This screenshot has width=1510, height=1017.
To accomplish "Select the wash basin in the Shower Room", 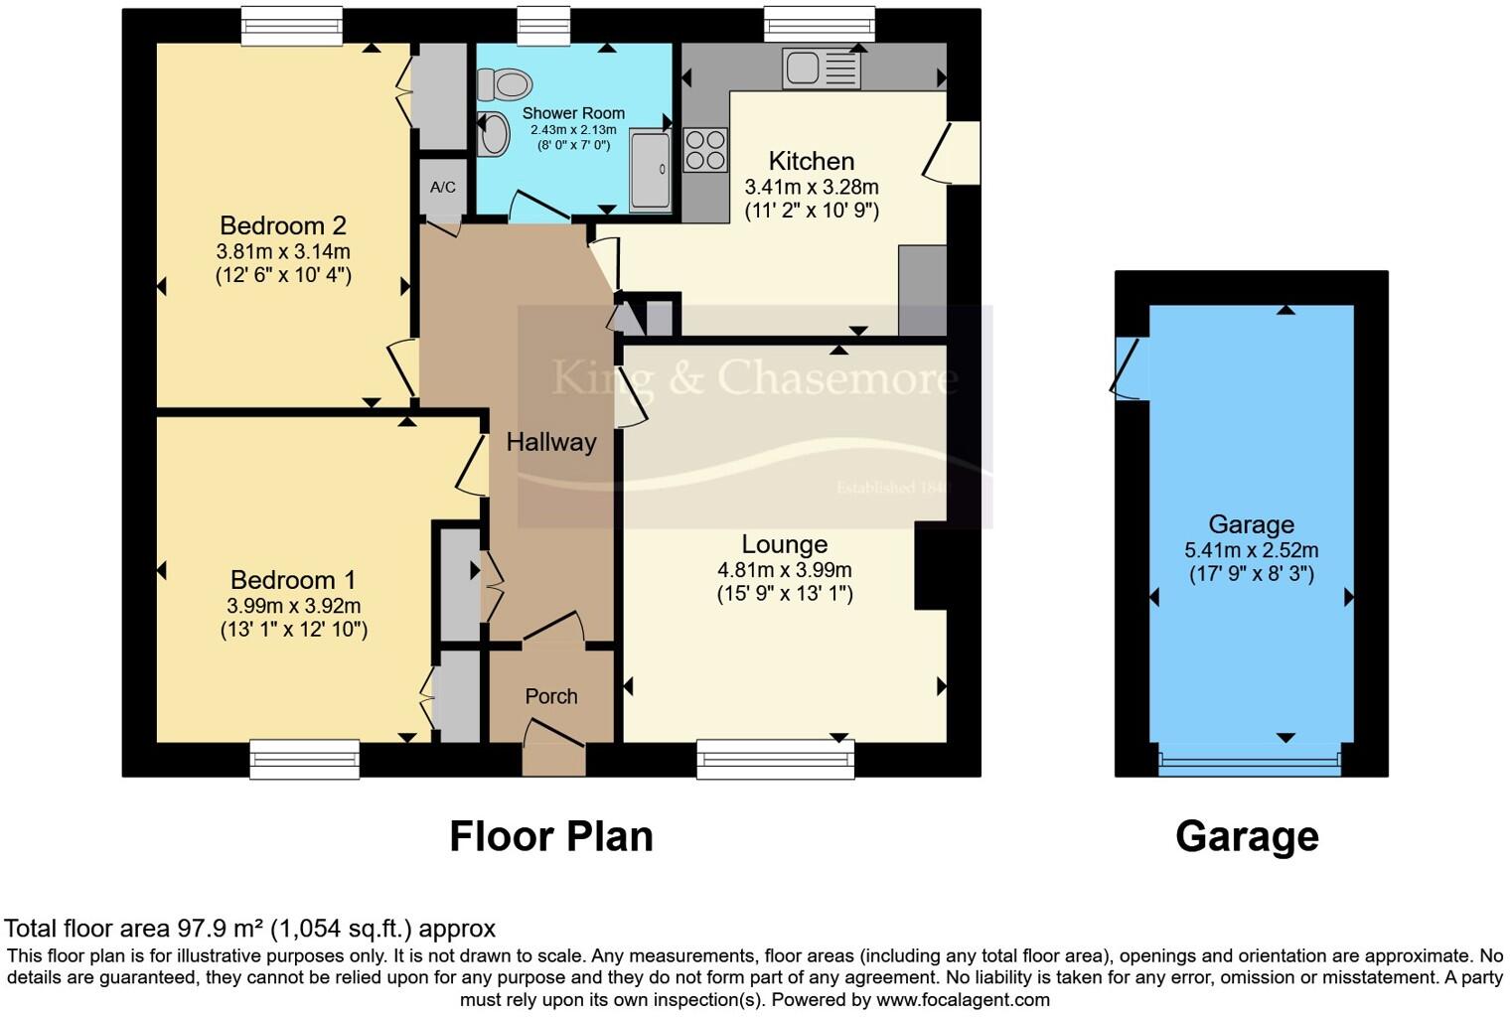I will pos(492,134).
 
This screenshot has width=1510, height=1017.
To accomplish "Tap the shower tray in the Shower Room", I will pos(651,170).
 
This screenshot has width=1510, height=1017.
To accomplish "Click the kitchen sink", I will pos(821,70).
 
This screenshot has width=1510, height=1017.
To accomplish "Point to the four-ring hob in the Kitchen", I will pos(705,150).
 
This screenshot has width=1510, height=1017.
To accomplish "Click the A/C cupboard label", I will pos(443,187).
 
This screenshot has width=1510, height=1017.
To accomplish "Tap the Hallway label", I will pos(551,442).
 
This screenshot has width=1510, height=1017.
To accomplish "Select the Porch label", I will pos(551,696).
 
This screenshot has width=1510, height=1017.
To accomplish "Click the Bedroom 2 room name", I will pos(283,225).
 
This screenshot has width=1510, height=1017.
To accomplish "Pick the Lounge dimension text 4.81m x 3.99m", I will pos(785,570).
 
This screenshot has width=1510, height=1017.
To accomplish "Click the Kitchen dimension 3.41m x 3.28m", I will pos(812,187).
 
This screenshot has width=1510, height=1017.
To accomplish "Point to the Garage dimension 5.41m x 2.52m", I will pos(1252,550).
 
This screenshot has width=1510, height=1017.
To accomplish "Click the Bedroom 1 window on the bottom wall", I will pos(304,759).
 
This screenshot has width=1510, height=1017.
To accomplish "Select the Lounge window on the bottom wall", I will pos(776,759).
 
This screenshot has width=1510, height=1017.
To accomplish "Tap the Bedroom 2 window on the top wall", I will pos(292,25).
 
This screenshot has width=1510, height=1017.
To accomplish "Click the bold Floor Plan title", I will pos(551,836).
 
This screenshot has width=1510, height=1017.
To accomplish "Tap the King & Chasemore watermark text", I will pos(755,377).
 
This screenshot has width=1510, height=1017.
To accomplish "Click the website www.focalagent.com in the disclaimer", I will pos(963,999).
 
